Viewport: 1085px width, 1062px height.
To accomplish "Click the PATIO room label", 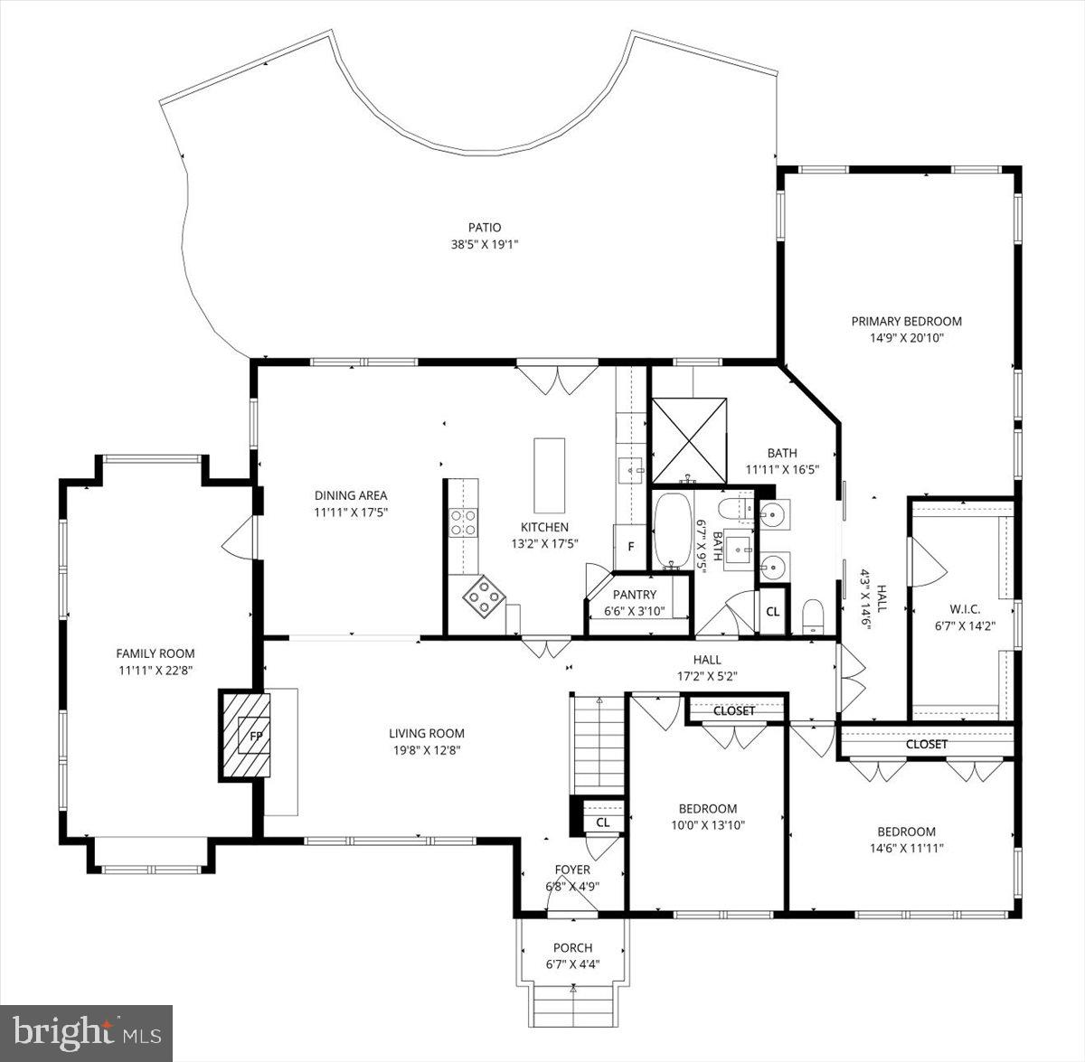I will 484,228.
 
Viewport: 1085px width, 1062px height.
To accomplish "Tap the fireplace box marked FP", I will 256,736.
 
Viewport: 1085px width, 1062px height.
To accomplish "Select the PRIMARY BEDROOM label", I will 906,321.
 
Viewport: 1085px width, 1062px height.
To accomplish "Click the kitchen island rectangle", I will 549,475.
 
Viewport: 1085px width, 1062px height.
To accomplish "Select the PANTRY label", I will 634,595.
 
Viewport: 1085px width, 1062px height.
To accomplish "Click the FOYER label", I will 572,869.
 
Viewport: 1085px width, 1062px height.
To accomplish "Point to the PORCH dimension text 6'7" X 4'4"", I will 572,964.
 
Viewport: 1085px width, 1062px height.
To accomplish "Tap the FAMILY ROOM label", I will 155,653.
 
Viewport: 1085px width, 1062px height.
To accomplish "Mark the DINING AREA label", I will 351,495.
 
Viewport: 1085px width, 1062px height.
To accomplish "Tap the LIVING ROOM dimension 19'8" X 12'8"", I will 427,750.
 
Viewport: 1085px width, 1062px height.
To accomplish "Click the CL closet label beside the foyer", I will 603,822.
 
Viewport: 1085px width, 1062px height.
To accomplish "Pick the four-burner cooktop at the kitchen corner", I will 486,597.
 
